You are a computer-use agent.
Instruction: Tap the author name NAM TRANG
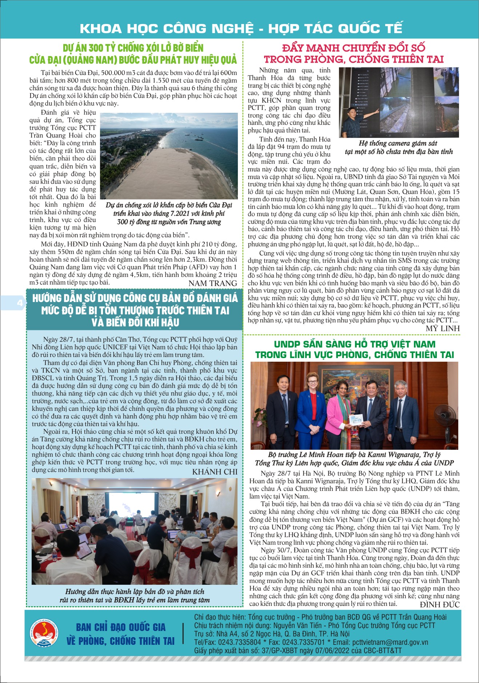[213, 283]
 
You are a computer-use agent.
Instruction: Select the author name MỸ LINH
[443, 328]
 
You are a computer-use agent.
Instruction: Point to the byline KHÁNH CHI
[215, 472]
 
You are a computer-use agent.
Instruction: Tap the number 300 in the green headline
[96, 48]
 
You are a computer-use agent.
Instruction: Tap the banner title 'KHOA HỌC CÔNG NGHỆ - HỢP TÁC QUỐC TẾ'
[241, 28]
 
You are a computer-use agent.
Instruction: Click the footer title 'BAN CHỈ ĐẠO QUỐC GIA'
[121, 627]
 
